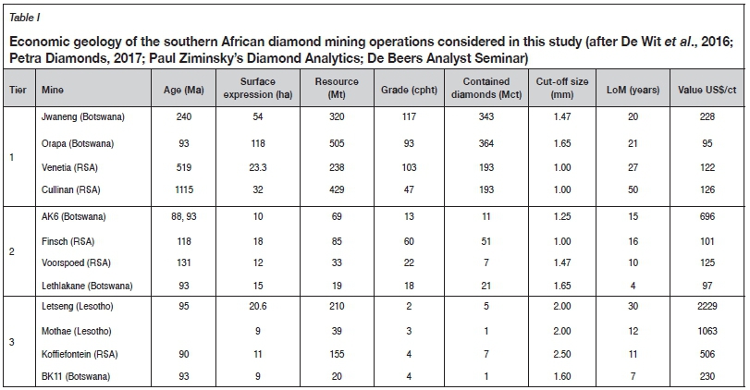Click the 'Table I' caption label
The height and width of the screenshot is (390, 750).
25,15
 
